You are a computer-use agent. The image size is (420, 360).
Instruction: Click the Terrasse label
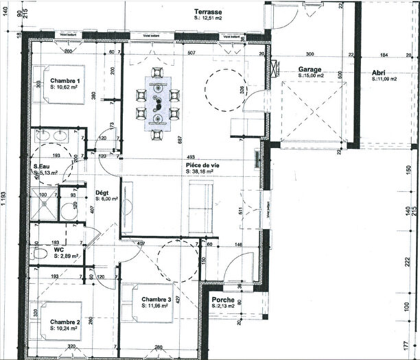pos(208,12)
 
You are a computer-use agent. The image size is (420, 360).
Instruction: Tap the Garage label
pos(312,69)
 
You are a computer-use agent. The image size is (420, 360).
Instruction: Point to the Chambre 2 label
pos(65,322)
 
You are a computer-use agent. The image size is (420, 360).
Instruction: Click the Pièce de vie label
pos(202,166)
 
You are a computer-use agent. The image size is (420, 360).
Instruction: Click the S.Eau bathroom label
pos(45,167)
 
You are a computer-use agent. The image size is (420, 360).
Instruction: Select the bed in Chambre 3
pos(135,304)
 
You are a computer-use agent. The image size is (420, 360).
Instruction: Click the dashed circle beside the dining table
pos(222,91)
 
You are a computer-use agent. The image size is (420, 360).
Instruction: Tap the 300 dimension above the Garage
pos(310,53)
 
